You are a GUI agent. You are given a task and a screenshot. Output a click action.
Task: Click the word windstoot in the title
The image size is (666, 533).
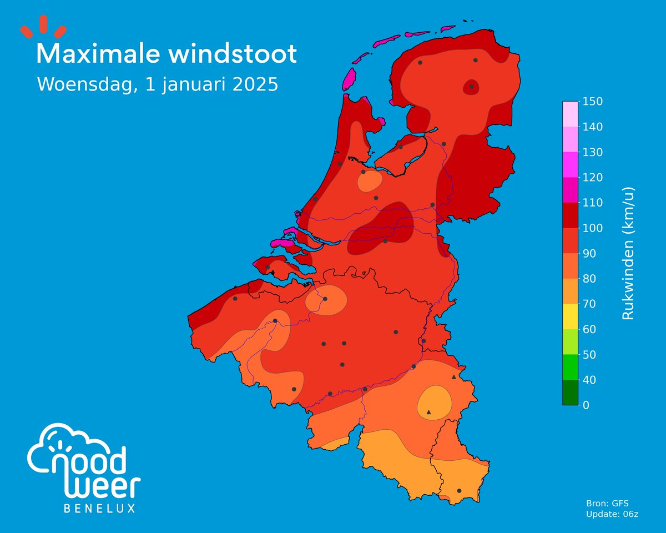click(x=233, y=54)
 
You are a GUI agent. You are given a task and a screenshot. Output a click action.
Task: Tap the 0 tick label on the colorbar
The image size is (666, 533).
click(x=586, y=405)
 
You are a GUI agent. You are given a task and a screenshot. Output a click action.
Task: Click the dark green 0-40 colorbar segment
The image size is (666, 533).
click(x=570, y=393)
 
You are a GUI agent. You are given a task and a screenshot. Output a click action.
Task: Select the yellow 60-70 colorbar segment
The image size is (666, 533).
click(x=570, y=316)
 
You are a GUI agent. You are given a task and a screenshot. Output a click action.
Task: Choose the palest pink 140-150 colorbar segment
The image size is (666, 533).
click(x=570, y=114)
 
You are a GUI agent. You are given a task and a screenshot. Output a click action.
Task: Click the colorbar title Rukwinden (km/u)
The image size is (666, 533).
click(x=628, y=253)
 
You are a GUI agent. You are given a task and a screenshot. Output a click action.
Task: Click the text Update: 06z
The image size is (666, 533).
click(x=612, y=515)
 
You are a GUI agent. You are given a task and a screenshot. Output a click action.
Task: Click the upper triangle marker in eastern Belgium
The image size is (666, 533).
click(x=454, y=377)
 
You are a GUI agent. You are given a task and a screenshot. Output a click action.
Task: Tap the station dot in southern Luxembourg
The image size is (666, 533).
click(x=459, y=491)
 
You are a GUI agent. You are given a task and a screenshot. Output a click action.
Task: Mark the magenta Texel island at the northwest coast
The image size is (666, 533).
click(x=350, y=79)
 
